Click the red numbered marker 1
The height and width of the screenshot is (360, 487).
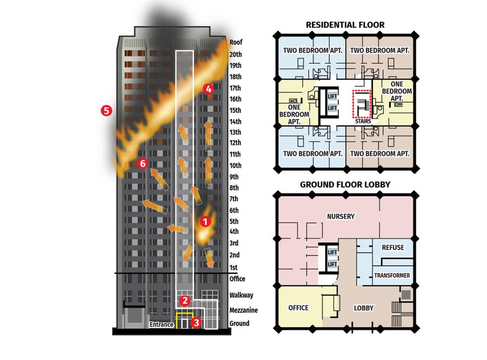coord(205,222)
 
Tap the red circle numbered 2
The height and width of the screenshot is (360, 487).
coord(185,300)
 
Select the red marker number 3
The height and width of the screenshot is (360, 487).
coord(196,323)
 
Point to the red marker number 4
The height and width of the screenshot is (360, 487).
coord(208,89)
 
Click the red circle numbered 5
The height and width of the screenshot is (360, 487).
coord(106,110)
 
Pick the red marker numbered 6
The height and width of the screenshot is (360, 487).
coord(142,163)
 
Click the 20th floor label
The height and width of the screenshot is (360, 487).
coord(236,55)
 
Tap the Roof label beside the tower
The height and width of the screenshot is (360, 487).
coord(236,42)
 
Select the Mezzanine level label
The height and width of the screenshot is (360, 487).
coord(243,310)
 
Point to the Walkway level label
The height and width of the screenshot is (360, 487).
coord(242,295)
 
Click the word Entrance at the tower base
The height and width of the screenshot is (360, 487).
coord(162,324)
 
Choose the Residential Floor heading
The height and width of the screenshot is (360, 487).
coord(345,25)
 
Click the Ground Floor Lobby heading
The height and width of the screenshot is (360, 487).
coord(345,184)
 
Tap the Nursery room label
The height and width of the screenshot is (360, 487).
coord(341,216)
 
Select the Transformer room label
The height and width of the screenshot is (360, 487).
coord(392,276)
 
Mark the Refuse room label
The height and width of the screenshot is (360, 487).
coord(393,247)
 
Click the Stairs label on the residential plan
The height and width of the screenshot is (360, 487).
coord(363,121)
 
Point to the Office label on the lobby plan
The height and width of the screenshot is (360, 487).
coord(298,308)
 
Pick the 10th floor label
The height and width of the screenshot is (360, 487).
coord(236,166)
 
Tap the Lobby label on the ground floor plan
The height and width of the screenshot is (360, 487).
coord(364,308)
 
